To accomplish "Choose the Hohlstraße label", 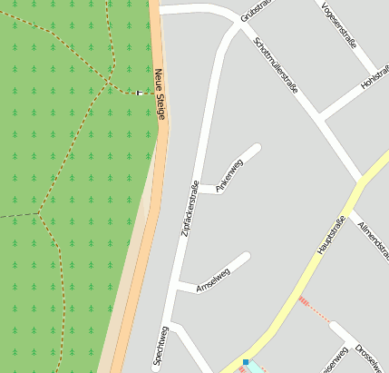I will pyautogui.click(x=374, y=76).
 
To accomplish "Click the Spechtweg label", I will pyautogui.click(x=160, y=347).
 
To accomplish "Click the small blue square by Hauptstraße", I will pyautogui.click(x=246, y=362).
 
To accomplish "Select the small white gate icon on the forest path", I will pyautogui.click(x=140, y=93).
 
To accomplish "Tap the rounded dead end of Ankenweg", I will pyautogui.click(x=257, y=148).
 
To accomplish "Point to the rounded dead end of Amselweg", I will pyautogui.click(x=245, y=258).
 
